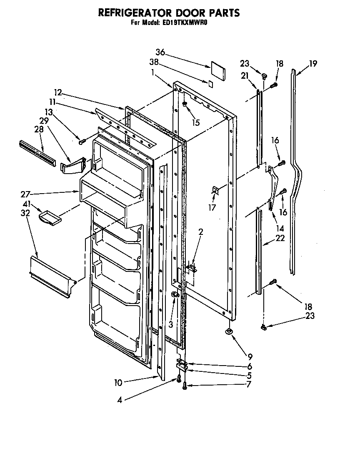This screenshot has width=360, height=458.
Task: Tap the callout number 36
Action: [160, 52]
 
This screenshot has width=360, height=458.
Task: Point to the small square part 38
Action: [211, 83]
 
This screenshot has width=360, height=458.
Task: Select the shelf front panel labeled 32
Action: [52, 277]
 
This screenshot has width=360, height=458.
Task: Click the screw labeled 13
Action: [82, 142]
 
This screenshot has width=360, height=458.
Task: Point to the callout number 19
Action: [313, 64]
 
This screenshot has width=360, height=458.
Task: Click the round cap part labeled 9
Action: [229, 331]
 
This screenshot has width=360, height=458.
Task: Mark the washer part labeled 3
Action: [175, 295]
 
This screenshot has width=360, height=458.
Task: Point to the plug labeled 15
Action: [184, 104]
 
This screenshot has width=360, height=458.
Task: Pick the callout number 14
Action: [280, 228]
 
